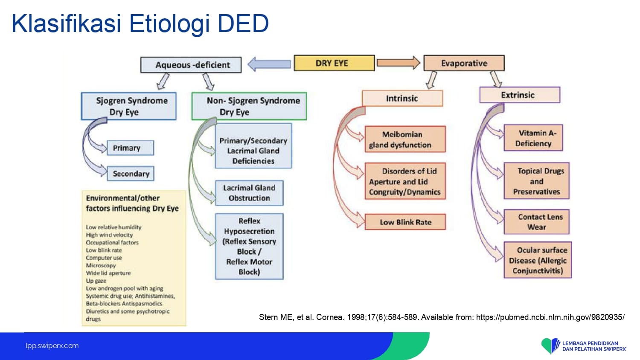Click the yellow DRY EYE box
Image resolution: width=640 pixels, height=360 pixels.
pos(334,63)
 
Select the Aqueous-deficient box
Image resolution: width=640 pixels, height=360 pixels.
pos(191,65)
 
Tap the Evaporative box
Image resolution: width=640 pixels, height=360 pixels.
pos(464,63)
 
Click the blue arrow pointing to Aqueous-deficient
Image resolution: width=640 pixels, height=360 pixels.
pos(269,64)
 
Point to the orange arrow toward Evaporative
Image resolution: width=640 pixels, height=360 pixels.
pos(399,63)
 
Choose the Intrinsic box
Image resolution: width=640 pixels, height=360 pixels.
pos(402,98)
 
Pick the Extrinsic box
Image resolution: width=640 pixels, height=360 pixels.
pos(520,95)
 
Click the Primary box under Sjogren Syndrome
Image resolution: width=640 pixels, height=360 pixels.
pos(130,148)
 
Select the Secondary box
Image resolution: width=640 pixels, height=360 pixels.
pos(131,174)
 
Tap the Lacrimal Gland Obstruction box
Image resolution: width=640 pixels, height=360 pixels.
pos(250,193)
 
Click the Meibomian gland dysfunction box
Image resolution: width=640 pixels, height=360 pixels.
pos(405,139)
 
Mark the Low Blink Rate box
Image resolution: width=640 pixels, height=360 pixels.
pos(405,222)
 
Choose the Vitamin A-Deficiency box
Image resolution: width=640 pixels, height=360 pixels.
pos(533,138)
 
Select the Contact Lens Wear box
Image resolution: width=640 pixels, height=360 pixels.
pos(537,222)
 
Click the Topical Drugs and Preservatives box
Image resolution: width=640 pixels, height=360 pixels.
pos(537,181)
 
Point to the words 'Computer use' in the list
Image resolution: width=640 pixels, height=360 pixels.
pos(104,258)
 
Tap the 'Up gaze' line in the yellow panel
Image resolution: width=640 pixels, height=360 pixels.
pos(96,281)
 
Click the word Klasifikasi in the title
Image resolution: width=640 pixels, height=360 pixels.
pos(66,23)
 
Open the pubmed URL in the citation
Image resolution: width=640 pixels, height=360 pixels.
pos(550,317)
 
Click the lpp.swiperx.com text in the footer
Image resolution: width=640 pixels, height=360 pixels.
pos(52,346)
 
